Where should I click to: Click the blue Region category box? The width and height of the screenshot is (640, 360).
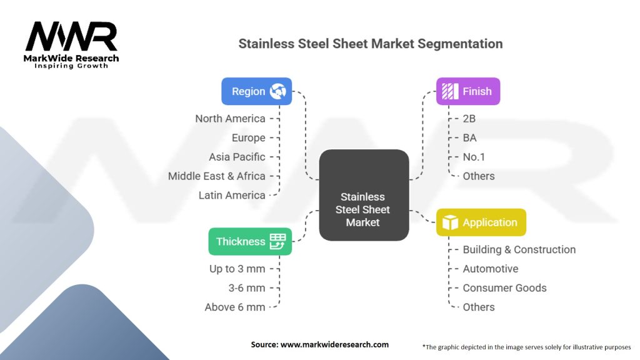point(256,91)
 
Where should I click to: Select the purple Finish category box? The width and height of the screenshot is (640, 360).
point(468,91)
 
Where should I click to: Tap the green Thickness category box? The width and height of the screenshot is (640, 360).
point(250,241)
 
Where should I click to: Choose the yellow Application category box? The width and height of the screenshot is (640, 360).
point(481,222)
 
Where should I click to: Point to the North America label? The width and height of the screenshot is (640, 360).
point(230,119)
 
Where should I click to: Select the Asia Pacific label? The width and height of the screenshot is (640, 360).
point(237,157)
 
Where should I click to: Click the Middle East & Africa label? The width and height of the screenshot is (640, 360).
point(216,176)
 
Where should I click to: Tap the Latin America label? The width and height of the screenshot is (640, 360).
point(232,195)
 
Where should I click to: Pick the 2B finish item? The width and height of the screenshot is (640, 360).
point(470,119)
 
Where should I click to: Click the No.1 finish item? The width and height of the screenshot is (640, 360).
point(474,157)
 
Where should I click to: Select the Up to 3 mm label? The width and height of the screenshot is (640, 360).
point(237,269)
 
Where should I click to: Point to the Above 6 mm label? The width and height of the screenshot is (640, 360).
point(235,307)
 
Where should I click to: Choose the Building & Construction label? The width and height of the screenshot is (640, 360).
point(519,249)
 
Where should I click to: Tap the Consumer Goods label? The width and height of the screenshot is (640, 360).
point(504,287)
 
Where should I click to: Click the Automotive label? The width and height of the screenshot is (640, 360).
point(490,269)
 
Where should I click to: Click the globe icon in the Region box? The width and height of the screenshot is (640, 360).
point(277,91)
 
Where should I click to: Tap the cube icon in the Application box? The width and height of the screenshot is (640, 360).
point(450,222)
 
